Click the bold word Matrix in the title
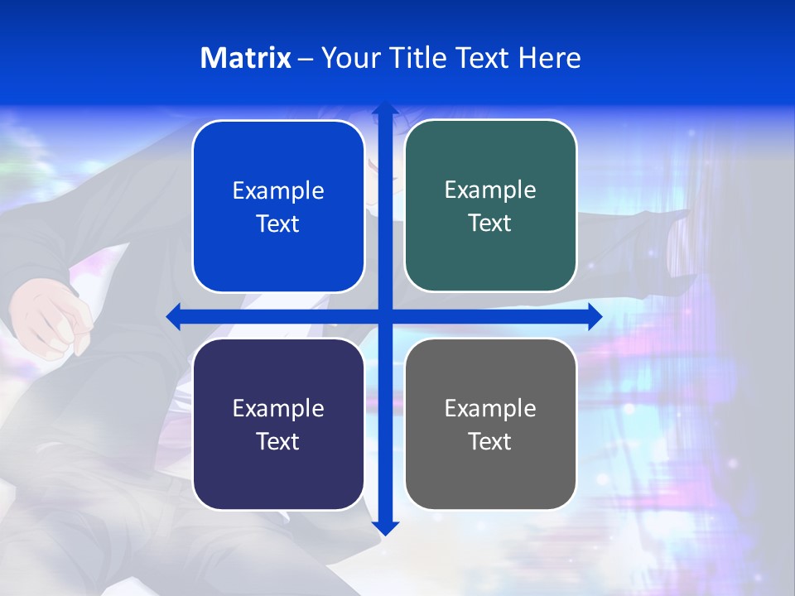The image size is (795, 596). tap(246, 58)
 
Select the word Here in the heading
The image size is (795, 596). tap(549, 58)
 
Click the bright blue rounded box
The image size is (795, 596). tap(278, 207)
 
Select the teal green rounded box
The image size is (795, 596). tap(490, 206)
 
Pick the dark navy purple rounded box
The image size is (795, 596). tap(278, 424)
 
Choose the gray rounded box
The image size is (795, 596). tap(490, 424)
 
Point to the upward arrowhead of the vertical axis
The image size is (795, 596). tap(384, 108)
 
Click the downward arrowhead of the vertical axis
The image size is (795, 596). tap(384, 527)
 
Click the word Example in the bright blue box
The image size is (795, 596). tap(278, 191)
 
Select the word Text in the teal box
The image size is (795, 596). tap(490, 223)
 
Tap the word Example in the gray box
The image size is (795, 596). tap(490, 408)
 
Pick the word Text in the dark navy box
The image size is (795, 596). tap(278, 441)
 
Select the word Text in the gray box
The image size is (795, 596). tap(490, 441)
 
